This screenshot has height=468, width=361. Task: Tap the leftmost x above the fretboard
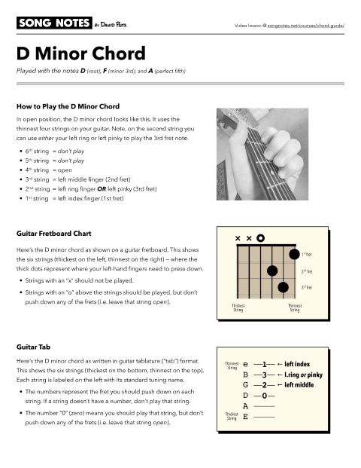point(238,238)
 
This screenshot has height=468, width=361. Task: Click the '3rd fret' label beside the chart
point(306,287)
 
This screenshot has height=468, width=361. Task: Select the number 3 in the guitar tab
point(264,375)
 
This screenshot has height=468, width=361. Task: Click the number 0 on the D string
point(264,395)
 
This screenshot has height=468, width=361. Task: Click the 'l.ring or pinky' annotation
point(303,375)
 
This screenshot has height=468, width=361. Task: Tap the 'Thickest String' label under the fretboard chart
point(238,308)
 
